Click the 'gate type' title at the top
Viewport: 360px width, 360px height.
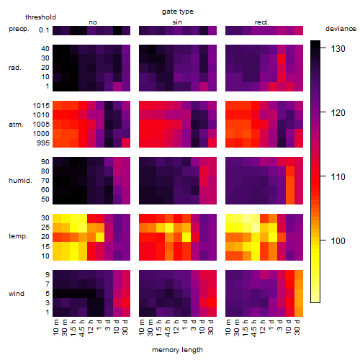(178, 12)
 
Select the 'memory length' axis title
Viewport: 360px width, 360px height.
(177, 350)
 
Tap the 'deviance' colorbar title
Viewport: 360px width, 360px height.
(341, 29)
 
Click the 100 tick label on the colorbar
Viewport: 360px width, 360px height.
(338, 240)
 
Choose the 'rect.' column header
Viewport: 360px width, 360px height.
(262, 22)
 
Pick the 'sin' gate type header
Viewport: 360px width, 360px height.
(177, 22)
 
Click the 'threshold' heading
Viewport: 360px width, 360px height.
(40, 17)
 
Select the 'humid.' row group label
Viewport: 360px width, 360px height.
(20, 181)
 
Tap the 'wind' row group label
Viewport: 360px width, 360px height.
(17, 294)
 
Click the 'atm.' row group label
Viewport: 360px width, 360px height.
(16, 125)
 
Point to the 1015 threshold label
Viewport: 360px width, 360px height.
(41, 106)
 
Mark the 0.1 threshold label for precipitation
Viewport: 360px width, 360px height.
(44, 30)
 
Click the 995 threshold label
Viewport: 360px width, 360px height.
(43, 143)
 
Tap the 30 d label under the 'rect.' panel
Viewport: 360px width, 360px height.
(297, 327)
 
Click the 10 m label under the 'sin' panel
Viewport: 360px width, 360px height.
(142, 328)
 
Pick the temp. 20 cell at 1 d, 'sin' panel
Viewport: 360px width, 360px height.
(186, 237)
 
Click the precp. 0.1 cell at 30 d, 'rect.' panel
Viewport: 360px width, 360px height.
(299, 30)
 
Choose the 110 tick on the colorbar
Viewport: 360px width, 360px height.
(323, 176)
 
